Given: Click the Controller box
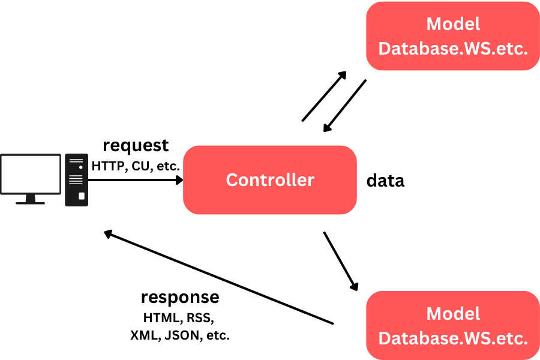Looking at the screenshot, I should tap(270, 180).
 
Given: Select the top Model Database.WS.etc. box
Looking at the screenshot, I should tap(453, 36).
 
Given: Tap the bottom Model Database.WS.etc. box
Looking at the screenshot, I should tap(453, 326).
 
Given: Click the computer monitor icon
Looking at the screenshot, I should tap(31, 175).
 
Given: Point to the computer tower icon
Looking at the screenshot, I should tap(76, 181).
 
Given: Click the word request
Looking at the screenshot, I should tap(136, 146).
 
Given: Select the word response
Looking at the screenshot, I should tap(180, 298).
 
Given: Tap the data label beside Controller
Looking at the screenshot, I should tap(385, 181).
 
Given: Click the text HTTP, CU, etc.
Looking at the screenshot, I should tap(136, 165).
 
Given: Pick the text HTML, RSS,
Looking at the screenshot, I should tap(178, 317).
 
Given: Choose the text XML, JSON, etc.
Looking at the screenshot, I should tap(180, 335).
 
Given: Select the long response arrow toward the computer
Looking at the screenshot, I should tap(219, 278).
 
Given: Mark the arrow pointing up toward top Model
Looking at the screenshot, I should tap(324, 96).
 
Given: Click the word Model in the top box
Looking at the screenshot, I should tap(453, 24).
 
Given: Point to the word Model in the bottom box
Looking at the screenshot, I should tap(453, 314).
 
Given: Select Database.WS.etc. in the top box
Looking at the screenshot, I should tap(453, 49).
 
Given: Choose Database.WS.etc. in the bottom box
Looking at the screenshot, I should tap(453, 338).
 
